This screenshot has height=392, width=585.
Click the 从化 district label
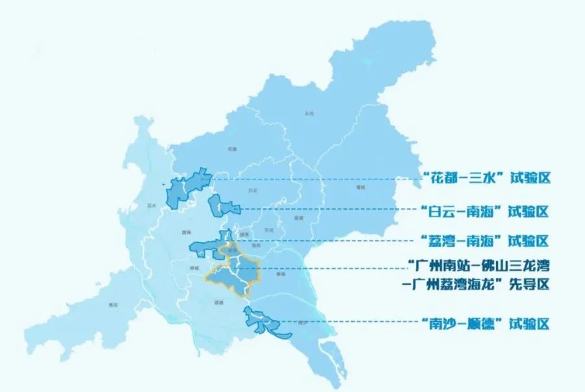(x=309, y=113)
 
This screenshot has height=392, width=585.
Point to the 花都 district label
(x=232, y=149)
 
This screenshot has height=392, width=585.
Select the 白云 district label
(x=253, y=190)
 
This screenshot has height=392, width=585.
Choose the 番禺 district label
(x=281, y=274)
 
